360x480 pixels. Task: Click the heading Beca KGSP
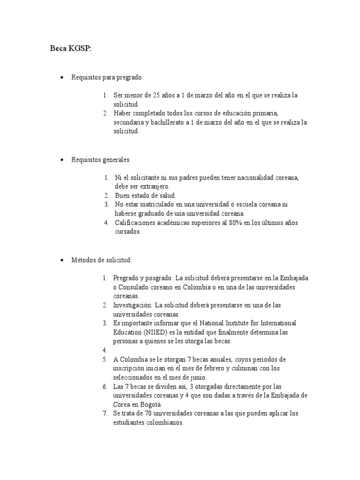point(71,49)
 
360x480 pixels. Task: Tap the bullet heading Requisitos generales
point(101,160)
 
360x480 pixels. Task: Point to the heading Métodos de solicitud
point(101,260)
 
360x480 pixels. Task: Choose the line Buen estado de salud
point(145,195)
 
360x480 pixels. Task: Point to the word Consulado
point(135,287)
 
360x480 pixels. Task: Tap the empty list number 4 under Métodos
point(105,350)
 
